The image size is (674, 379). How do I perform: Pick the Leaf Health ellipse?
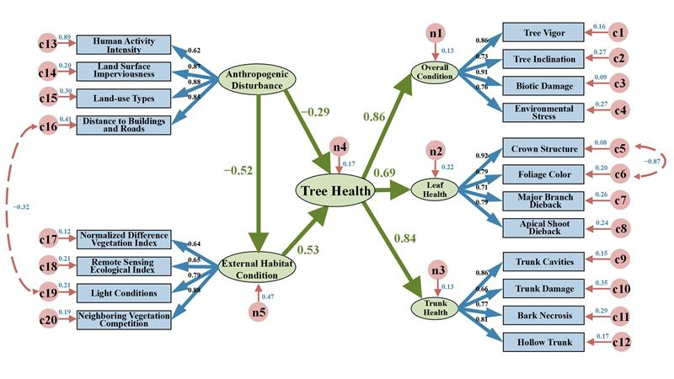pyautogui.click(x=435, y=189)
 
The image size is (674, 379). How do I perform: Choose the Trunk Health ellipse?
pyautogui.click(x=435, y=307)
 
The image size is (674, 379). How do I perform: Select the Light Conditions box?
pyautogui.click(x=124, y=292)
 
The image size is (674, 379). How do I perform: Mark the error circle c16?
pyautogui.click(x=46, y=126)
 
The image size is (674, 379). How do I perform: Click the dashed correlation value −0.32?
pyautogui.click(x=19, y=206)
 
